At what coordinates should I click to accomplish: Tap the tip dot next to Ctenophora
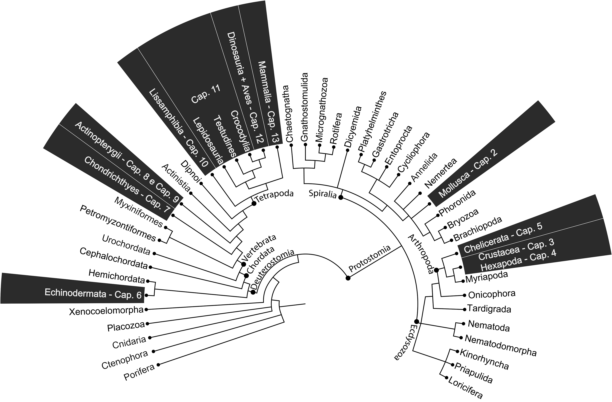[154, 351]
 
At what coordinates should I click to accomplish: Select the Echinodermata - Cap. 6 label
[93, 293]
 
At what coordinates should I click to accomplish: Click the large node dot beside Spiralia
[340, 197]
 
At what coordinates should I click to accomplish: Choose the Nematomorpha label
[501, 345]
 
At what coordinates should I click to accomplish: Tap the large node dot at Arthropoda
[436, 270]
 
